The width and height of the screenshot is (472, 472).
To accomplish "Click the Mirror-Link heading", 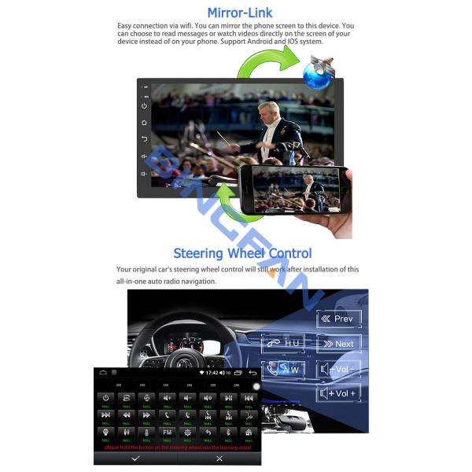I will tap(240, 13).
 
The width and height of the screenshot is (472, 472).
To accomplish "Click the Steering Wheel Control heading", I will tap(242, 253).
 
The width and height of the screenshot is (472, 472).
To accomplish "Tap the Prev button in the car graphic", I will tap(339, 319).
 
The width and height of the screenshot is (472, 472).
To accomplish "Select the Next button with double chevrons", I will tap(339, 344).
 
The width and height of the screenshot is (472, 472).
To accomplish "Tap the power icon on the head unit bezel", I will tap(144, 105).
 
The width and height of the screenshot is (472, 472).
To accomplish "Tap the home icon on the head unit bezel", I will tap(144, 123).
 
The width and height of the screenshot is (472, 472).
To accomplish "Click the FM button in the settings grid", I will tap(167, 432).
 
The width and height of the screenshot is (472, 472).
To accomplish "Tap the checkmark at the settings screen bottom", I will tap(135, 457).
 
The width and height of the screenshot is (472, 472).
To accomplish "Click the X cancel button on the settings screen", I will tap(219, 457).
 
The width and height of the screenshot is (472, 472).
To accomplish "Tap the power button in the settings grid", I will tap(106, 397).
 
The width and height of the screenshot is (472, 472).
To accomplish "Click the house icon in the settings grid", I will tap(249, 432).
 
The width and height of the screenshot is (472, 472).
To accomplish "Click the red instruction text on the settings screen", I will tap(176, 446).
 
